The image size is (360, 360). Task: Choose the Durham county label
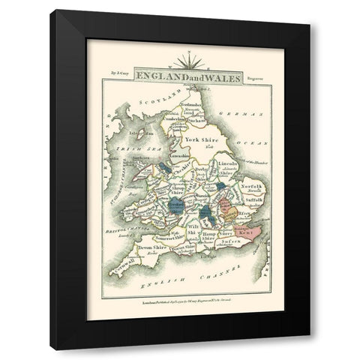pos(197,118)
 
